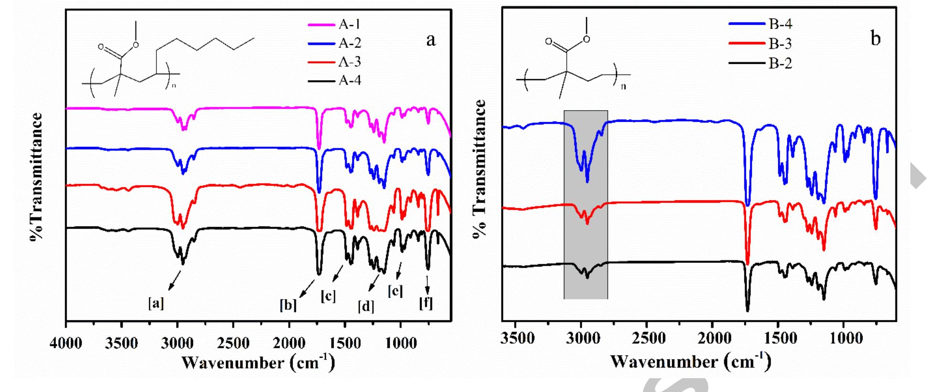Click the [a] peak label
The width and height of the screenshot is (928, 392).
[156, 303]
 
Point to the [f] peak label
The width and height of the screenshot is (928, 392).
[426, 303]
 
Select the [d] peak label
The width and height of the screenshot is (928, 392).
[366, 306]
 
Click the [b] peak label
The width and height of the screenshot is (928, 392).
[288, 305]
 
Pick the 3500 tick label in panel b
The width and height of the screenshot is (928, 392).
[518, 339]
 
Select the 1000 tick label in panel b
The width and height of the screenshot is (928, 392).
[845, 339]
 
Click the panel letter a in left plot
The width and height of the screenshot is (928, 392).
[431, 40]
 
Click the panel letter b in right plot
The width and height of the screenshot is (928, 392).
[875, 38]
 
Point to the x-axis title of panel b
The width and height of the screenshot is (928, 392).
[690, 361]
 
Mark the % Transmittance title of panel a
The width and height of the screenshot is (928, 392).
[36, 176]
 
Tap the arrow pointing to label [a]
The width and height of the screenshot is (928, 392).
[175, 280]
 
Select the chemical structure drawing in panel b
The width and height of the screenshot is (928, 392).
[573, 60]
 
